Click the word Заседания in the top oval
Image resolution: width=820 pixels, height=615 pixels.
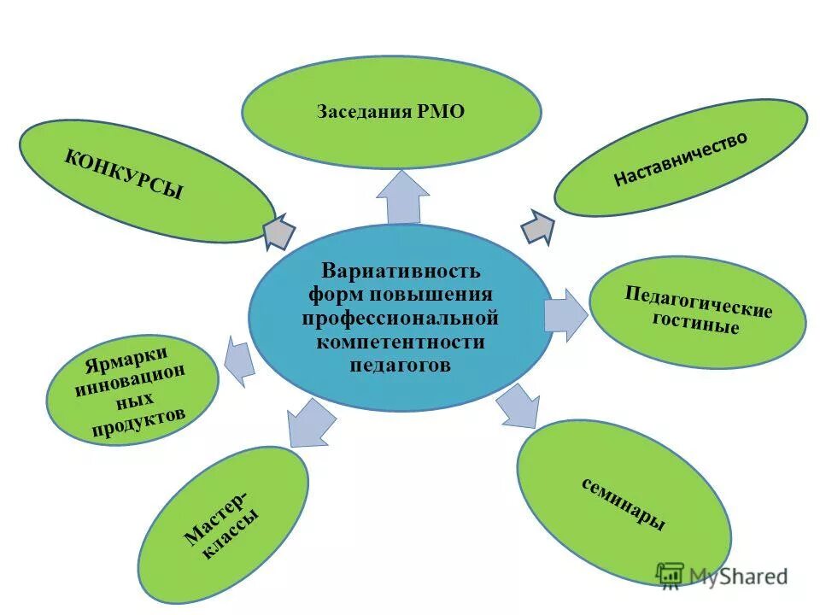point(364,113)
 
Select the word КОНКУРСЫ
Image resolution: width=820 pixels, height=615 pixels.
point(123,173)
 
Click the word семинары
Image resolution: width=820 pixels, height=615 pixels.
point(624,505)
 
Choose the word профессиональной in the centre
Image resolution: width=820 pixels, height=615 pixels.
point(399,319)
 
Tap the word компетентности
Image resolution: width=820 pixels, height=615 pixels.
point(400,342)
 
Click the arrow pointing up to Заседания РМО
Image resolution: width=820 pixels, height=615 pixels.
point(402,197)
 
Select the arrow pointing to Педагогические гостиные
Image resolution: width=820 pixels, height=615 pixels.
point(566,313)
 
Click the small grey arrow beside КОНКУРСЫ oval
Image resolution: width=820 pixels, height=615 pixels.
point(279,231)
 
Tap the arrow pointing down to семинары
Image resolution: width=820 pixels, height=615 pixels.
point(518,407)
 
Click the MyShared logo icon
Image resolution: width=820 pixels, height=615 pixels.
point(671,576)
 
